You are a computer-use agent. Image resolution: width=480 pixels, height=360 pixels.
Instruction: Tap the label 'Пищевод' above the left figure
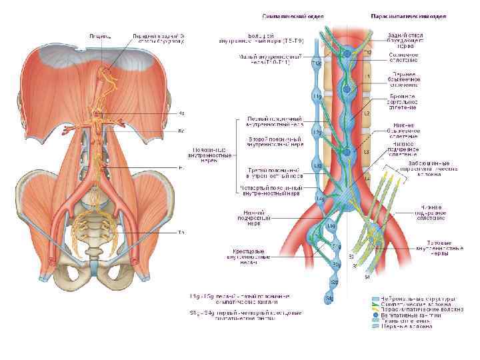pos(101,36)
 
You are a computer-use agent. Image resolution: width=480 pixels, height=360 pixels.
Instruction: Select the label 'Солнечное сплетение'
pos(404,59)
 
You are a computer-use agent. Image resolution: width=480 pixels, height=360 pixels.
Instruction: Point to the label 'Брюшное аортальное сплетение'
pos(404,101)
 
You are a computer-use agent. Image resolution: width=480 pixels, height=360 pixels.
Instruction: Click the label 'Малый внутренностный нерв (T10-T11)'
pos(271,61)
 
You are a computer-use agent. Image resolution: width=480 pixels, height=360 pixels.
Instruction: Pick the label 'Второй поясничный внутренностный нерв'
pos(275,141)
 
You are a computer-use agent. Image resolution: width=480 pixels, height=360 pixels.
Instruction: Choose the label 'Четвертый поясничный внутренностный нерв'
pos(271,192)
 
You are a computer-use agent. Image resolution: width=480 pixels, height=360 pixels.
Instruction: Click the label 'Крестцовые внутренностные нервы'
pos(246,256)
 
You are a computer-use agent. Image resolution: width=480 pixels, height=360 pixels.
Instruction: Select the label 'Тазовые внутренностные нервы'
pos(445,247)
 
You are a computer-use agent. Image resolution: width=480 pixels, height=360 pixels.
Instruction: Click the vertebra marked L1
pos(366,77)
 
